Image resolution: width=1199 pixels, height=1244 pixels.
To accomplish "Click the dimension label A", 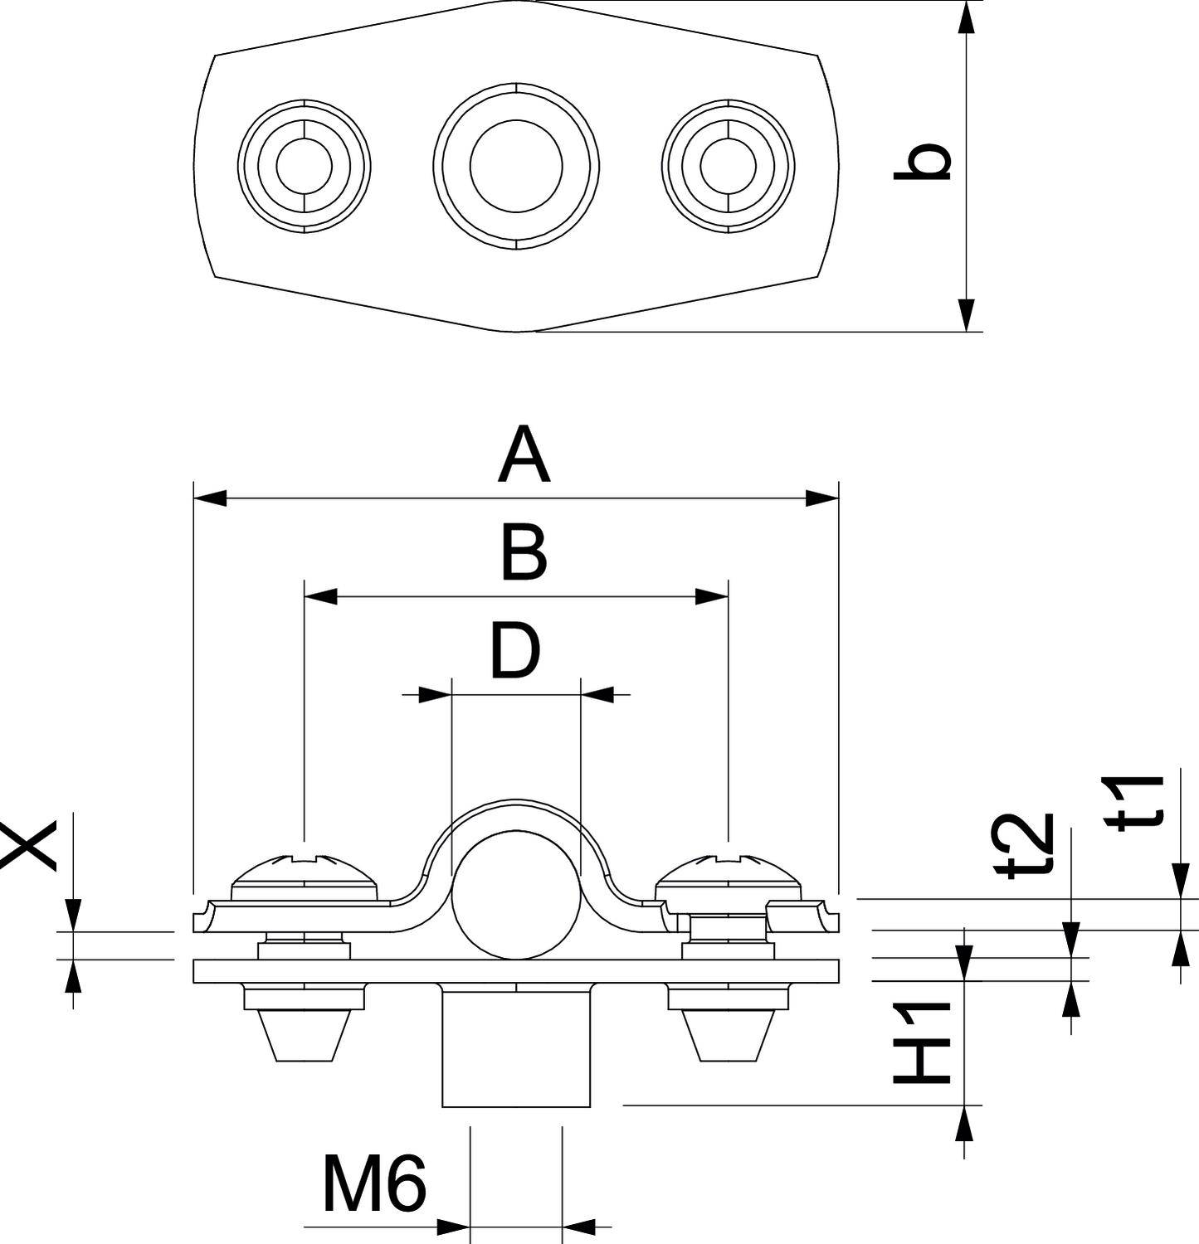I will click(524, 455).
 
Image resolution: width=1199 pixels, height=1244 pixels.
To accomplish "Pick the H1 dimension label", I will click(921, 1043).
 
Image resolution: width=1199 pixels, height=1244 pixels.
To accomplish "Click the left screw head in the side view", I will click(305, 872).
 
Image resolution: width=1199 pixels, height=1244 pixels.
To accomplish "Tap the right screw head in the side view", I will click(728, 872).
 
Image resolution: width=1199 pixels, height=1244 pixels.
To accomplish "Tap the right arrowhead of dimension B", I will click(712, 596).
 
